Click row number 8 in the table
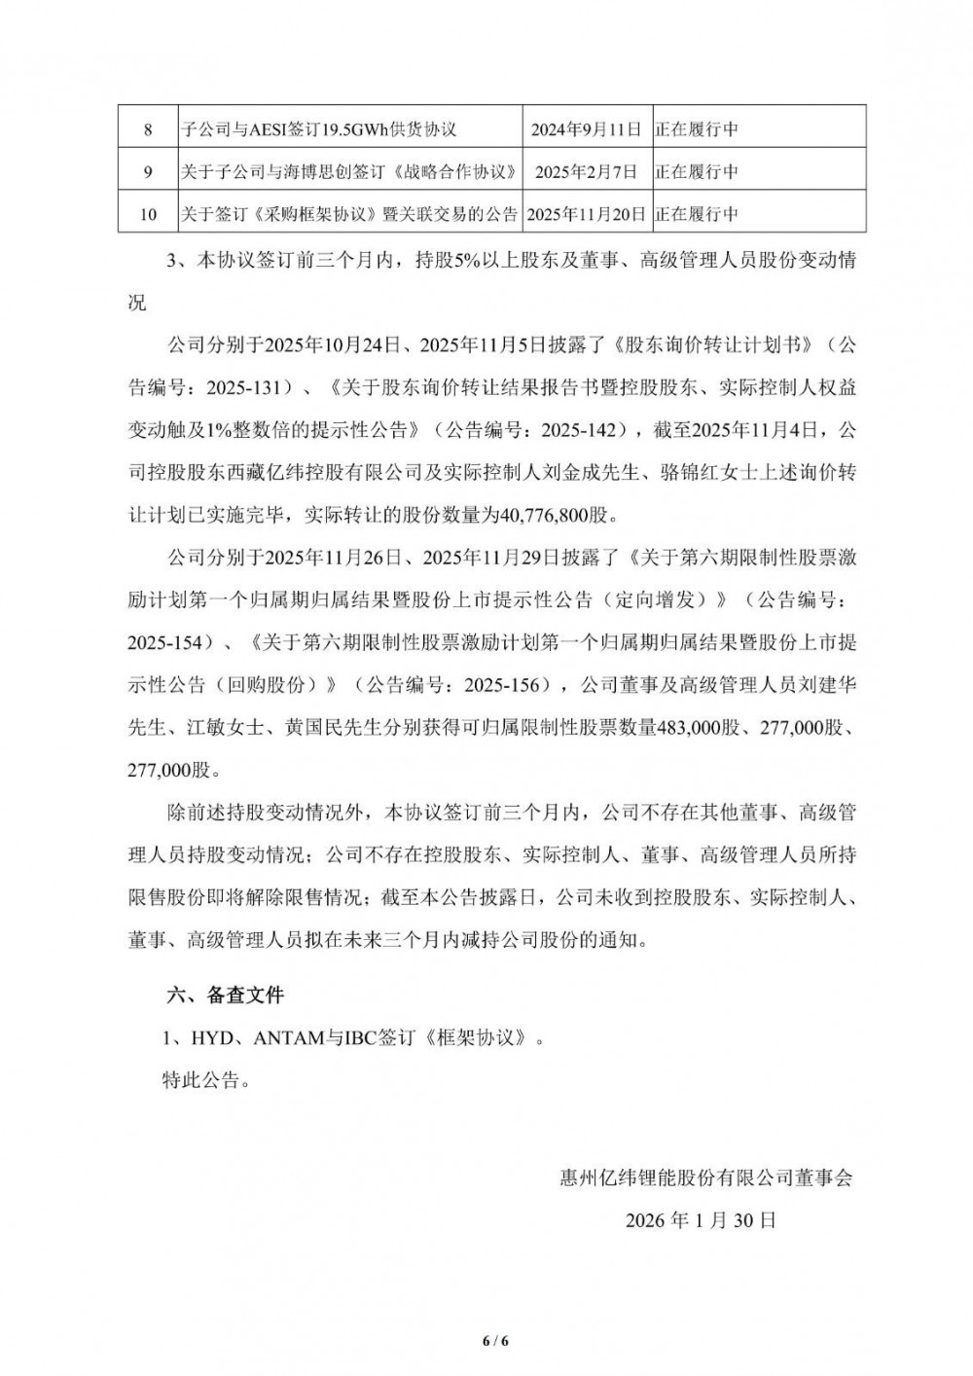coord(148,128)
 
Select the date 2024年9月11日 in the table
coord(586,128)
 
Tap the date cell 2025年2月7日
coord(586,171)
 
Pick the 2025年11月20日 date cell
coord(586,214)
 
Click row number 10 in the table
coord(148,214)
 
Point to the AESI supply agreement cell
coord(319,128)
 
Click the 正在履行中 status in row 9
coord(696,171)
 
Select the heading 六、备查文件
coord(226,996)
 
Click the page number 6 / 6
coord(495,1341)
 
